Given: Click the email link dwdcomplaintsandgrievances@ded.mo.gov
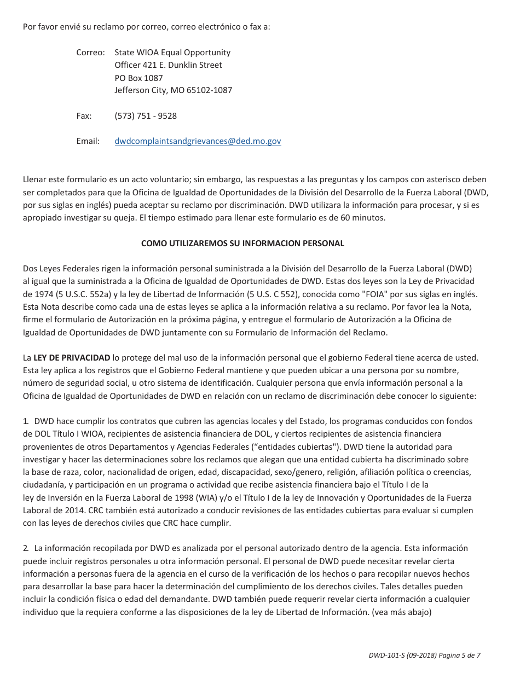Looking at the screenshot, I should click(198, 141).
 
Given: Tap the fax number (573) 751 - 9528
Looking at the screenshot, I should click(146, 116).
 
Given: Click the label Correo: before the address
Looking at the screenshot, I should click(90, 53).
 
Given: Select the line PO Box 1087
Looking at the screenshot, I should click(138, 78).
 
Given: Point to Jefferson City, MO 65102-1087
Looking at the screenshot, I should click(173, 90).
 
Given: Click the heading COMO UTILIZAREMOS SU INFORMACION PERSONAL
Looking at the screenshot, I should click(242, 243).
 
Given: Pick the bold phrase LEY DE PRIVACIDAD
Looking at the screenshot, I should click(72, 358).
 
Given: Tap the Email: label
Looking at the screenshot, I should click(88, 141).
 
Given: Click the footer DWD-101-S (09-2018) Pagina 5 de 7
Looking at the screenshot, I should click(424, 655).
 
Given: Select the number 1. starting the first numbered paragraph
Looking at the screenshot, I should click(26, 421).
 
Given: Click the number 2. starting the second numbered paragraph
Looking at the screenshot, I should click(26, 548).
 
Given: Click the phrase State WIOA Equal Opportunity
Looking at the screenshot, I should click(172, 53).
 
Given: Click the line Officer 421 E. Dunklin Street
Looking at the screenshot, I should click(168, 65).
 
